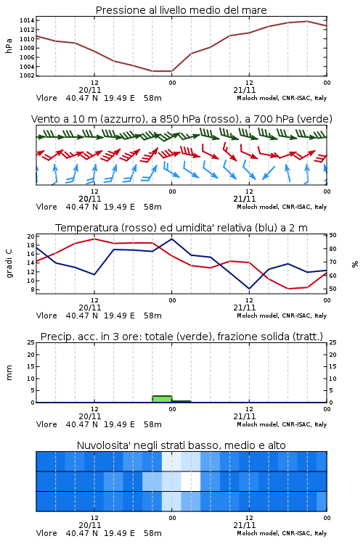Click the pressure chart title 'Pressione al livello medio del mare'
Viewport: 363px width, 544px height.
click(x=181, y=10)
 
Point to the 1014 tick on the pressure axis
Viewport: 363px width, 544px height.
click(x=27, y=20)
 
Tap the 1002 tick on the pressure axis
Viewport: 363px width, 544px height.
click(x=27, y=75)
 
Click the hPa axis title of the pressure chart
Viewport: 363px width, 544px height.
click(x=9, y=46)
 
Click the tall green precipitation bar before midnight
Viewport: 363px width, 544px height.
click(x=162, y=399)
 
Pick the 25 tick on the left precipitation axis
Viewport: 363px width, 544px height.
click(x=31, y=342)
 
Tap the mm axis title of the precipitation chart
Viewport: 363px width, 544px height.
click(x=9, y=372)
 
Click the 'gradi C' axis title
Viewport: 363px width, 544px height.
click(x=9, y=263)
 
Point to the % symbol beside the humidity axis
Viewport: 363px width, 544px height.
click(x=355, y=264)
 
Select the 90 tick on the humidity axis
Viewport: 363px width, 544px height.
click(x=333, y=235)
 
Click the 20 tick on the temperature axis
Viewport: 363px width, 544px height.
click(x=31, y=236)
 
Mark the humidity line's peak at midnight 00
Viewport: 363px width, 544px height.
click(x=172, y=239)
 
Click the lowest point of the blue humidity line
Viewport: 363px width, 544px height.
click(x=249, y=289)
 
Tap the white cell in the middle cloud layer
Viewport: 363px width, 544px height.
click(x=191, y=481)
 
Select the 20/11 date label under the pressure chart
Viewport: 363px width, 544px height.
click(x=90, y=90)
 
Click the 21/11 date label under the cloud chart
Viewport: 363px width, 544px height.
click(x=245, y=525)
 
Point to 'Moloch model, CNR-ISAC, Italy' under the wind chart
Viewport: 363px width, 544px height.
click(x=282, y=207)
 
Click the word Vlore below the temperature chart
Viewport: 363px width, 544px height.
click(x=46, y=316)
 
